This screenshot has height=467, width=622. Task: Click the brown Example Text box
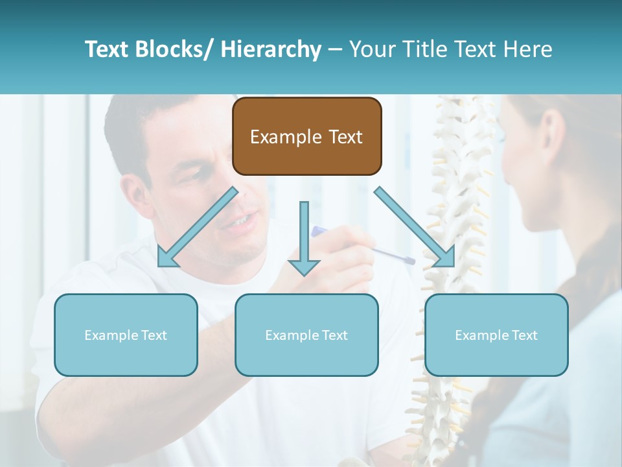point(307,136)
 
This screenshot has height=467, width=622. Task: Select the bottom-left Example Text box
point(126,335)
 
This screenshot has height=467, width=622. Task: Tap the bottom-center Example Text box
point(306,335)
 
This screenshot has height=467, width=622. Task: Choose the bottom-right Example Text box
point(496,335)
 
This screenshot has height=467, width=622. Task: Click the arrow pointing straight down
point(305,238)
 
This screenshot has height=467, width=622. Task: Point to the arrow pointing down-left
point(198,227)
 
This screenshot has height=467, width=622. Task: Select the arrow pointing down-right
point(415,227)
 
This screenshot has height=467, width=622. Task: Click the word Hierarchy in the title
point(271,49)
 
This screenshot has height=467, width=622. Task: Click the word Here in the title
point(527,49)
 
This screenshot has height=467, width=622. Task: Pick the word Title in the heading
point(426,49)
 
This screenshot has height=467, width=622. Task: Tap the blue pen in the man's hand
point(363,245)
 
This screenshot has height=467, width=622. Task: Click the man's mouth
point(240,221)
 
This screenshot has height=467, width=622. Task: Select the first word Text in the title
point(106,49)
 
